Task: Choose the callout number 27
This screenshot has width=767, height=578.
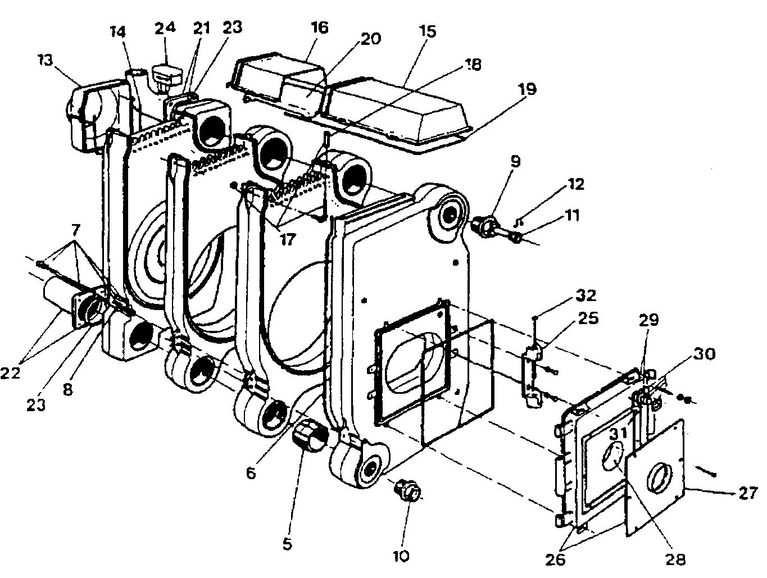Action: pyautogui.click(x=746, y=495)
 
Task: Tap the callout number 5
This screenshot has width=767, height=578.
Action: pyautogui.click(x=288, y=544)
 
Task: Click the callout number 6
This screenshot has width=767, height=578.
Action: pyautogui.click(x=251, y=474)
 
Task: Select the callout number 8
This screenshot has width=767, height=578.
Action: pyautogui.click(x=68, y=389)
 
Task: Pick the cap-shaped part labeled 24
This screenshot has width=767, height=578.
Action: pyautogui.click(x=165, y=76)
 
